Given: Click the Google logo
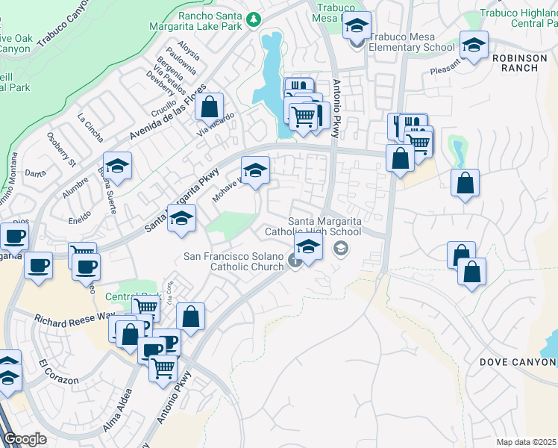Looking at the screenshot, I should (25, 439).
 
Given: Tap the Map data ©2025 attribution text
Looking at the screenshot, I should (526, 442).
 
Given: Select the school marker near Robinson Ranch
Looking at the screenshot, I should (474, 46).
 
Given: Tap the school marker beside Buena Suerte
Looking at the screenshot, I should (117, 167).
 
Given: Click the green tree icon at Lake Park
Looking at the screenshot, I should (254, 18).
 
